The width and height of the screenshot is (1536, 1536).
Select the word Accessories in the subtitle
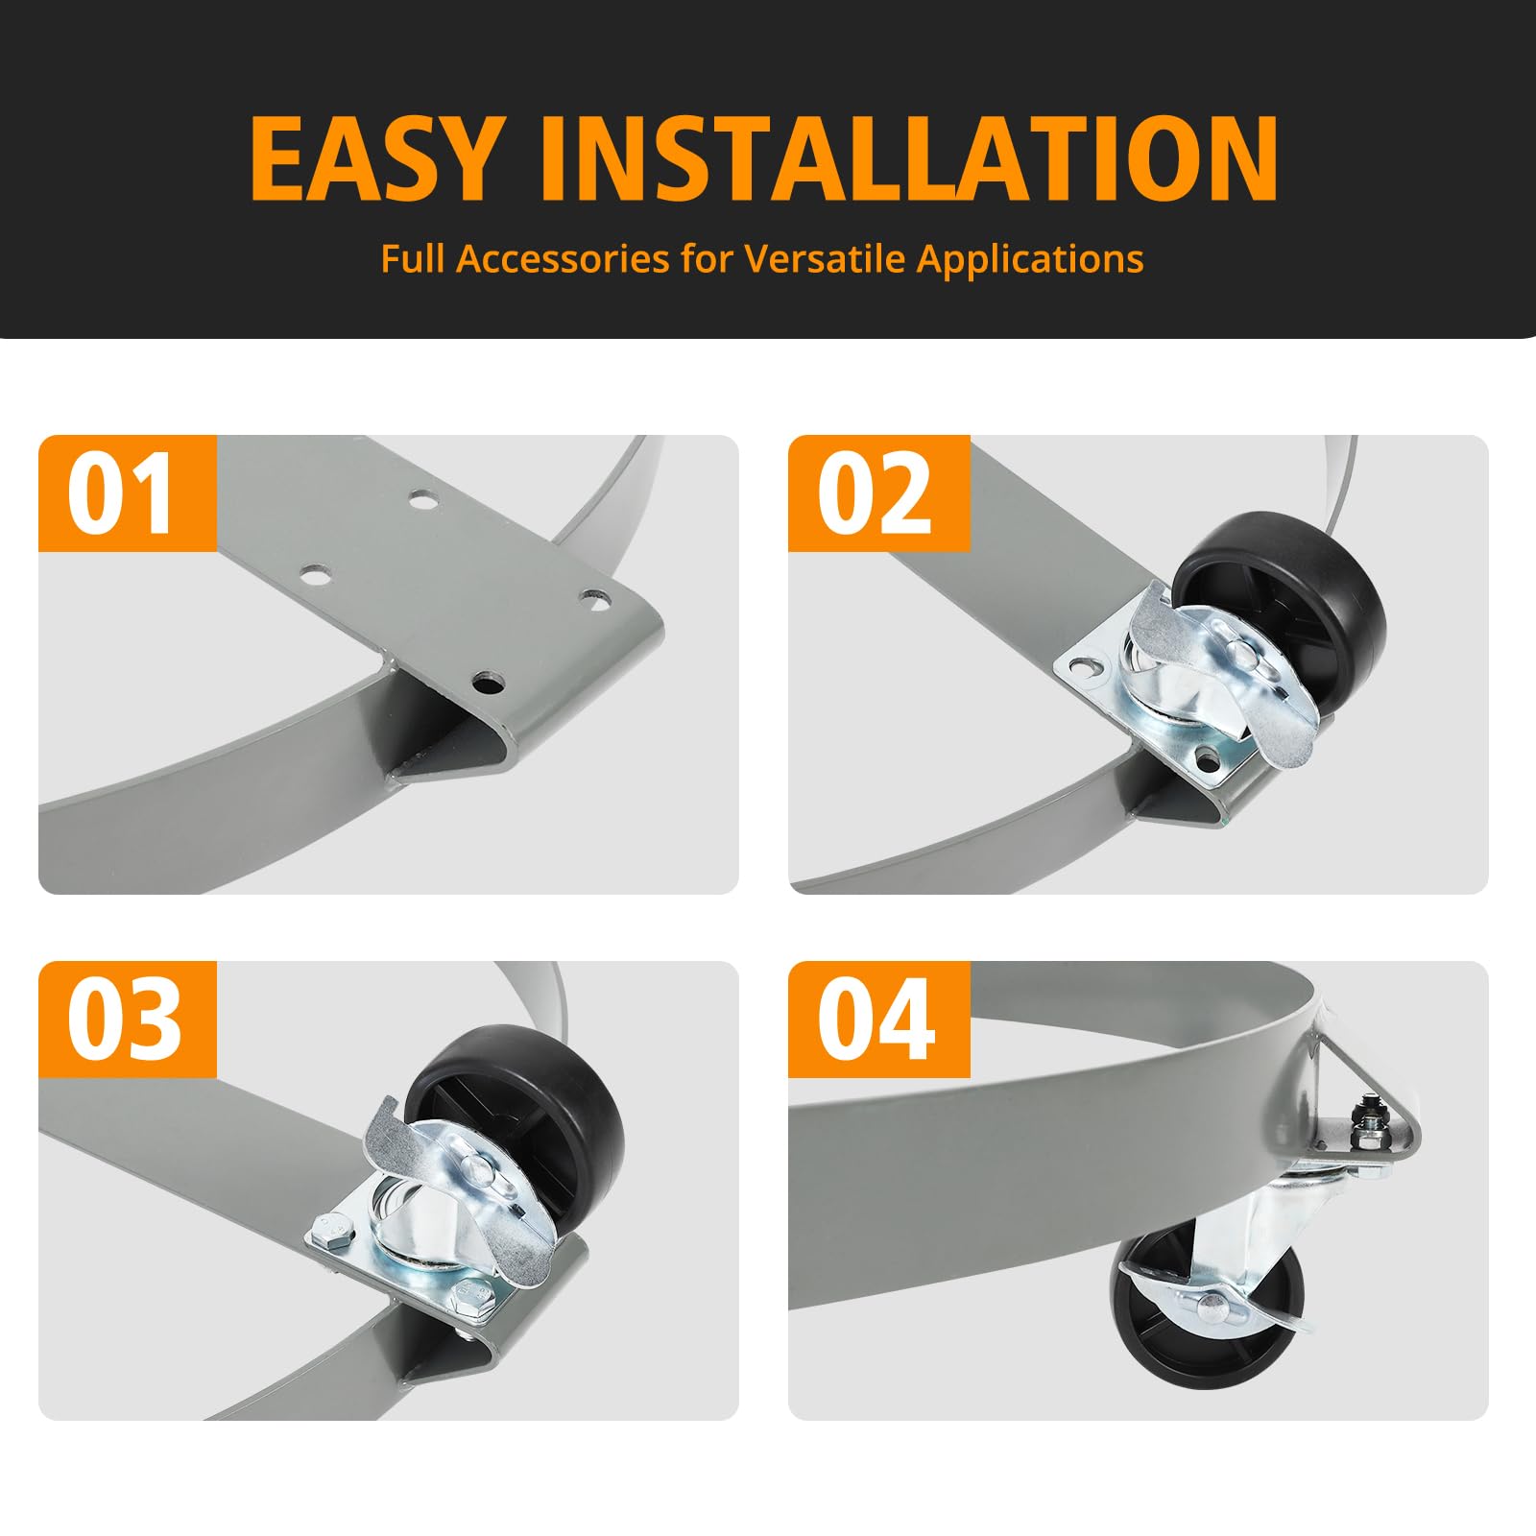click(563, 258)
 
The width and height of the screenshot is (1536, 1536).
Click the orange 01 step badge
click(128, 493)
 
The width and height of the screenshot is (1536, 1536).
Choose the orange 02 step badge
click(878, 493)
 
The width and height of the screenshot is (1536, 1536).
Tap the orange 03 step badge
click(128, 1020)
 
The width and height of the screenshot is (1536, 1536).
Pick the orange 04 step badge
click(878, 1020)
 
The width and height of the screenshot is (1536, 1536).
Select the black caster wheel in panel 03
click(518, 1114)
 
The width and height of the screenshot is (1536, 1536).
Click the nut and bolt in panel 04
click(1364, 1123)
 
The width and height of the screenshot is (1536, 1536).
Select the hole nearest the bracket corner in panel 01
click(490, 684)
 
